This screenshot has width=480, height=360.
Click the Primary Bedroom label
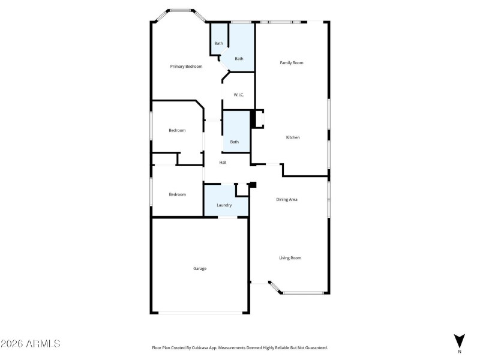[x=186, y=67]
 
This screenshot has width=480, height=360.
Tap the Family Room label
[x=292, y=62]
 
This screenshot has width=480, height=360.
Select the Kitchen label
[x=293, y=137]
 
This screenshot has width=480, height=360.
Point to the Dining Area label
[x=287, y=199]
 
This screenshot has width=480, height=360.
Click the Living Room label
[x=290, y=258]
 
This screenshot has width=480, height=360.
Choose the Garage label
[x=200, y=268]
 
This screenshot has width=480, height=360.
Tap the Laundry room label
[x=224, y=205]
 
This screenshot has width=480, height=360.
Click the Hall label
[x=223, y=163]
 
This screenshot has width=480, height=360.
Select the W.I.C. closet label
[x=238, y=94]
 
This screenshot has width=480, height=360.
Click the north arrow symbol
[x=460, y=340]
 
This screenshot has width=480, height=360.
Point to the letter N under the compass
[x=460, y=352]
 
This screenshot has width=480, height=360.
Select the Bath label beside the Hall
[x=235, y=142]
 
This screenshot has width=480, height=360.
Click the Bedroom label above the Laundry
[x=177, y=194]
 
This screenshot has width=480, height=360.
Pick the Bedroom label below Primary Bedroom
[x=177, y=130]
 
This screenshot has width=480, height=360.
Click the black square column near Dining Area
[x=253, y=185]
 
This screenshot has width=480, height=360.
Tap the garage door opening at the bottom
[x=200, y=312]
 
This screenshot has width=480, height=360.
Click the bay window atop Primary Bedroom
[x=181, y=11]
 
